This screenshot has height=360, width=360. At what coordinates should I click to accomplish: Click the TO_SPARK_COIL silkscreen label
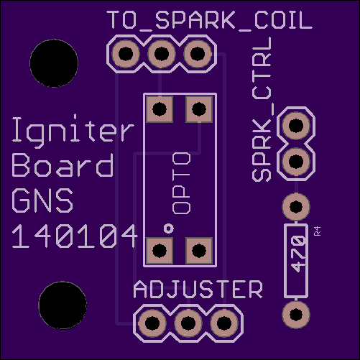(209, 20)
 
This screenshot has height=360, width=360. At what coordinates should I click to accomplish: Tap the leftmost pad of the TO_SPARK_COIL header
(126, 54)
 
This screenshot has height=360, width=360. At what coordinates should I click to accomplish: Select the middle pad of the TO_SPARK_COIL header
(162, 54)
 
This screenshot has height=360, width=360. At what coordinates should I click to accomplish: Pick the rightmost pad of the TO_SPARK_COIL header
(198, 54)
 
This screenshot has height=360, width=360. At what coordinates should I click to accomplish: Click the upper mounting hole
(54, 63)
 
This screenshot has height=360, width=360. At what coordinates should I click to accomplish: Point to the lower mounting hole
(63, 305)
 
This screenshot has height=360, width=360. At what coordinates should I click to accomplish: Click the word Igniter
(73, 130)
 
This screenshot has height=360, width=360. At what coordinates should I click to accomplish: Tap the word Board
(63, 165)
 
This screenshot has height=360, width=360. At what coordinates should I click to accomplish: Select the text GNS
(42, 200)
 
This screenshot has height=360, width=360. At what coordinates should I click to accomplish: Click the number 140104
(75, 236)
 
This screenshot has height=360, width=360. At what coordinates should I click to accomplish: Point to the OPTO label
(182, 183)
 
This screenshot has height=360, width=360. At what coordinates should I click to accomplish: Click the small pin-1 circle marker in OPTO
(169, 229)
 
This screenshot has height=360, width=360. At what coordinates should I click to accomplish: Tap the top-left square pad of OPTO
(160, 109)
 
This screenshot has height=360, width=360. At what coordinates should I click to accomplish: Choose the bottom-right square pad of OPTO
(199, 251)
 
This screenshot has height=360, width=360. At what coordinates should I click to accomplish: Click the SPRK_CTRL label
(262, 109)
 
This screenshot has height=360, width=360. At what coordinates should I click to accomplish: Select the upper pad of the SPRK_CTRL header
(296, 125)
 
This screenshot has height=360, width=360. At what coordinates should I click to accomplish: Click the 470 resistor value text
(298, 254)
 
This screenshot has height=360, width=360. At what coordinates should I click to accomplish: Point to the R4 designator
(318, 231)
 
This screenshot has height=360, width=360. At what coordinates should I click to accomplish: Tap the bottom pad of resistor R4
(296, 314)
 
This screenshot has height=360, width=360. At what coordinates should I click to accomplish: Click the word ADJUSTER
(198, 290)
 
